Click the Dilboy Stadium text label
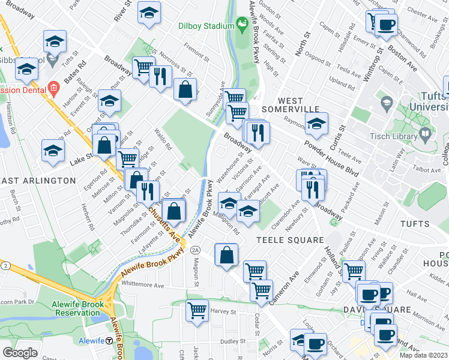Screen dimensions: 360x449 [x=206, y=26]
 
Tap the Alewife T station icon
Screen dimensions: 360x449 [x=109, y=341]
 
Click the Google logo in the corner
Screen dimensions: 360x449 [x=20, y=353]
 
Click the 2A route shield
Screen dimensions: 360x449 [x=195, y=250]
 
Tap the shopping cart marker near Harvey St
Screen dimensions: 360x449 [x=197, y=311]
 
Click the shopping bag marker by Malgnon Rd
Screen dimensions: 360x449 [x=226, y=254]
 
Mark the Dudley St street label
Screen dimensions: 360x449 [x=230, y=341]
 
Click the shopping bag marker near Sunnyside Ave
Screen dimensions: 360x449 [x=185, y=89]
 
